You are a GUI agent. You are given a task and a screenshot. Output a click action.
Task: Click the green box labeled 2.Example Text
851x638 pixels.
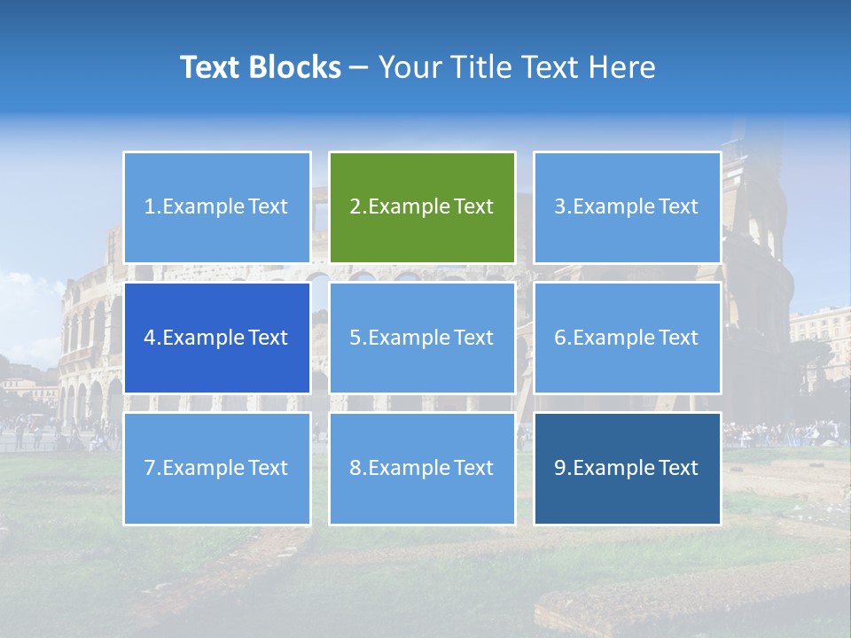tap(422, 207)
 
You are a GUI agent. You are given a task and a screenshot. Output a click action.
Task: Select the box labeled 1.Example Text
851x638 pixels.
tap(217, 207)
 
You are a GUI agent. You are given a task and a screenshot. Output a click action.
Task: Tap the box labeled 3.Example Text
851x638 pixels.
tap(627, 207)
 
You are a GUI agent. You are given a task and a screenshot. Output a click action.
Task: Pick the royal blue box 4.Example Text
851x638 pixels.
tap(217, 338)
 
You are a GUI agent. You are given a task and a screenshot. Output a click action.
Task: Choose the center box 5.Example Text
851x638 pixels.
tap(422, 338)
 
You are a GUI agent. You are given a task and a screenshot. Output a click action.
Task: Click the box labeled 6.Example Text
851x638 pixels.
tap(627, 338)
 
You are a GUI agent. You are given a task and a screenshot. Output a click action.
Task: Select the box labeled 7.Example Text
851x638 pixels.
tap(217, 468)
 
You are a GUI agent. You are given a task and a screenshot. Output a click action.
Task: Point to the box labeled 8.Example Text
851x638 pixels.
tap(422, 468)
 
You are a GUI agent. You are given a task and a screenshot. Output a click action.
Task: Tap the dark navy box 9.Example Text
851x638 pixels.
tap(627, 468)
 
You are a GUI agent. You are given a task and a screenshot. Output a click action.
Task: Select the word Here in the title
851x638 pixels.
tap(624, 67)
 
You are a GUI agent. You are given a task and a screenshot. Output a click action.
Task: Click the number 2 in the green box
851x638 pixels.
tap(355, 207)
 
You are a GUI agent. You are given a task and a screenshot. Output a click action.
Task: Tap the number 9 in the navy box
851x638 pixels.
tap(560, 468)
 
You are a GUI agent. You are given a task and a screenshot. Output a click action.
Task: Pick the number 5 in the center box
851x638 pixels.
tap(355, 338)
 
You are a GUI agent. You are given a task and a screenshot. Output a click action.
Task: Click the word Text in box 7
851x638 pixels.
tap(268, 468)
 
